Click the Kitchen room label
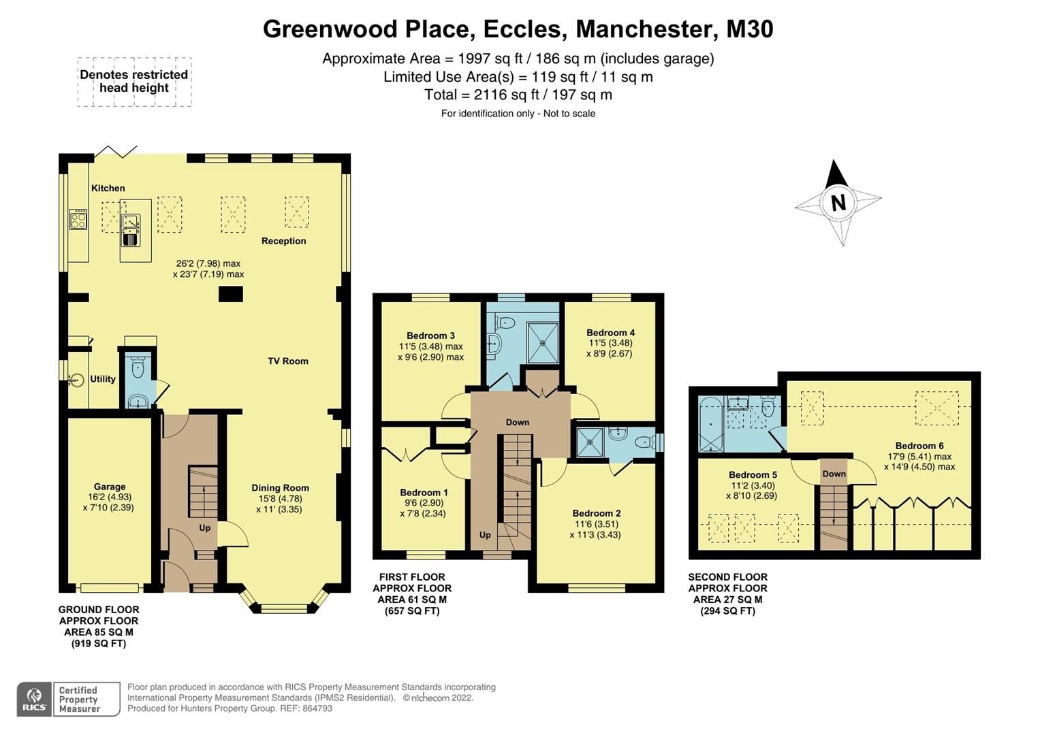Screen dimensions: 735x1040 pos(108,189)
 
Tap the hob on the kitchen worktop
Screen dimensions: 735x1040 pos(78,219)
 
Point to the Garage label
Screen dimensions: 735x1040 pos(110,487)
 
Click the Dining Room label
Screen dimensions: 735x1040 pos(280,488)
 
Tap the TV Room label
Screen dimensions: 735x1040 pos(288,361)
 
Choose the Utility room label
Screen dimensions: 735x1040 pos(103,379)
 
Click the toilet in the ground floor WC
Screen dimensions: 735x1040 pos(138,369)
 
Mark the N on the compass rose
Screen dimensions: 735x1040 pos(838,203)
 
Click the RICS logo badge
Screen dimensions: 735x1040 pos(33,699)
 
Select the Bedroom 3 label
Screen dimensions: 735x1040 pos(430,336)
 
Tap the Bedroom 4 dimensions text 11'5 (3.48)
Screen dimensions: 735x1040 pos(610,343)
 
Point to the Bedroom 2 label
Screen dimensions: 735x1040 pos(597,514)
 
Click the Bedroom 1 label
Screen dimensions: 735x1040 pos(424,493)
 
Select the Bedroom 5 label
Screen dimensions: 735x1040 pos(753,475)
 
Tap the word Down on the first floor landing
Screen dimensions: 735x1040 pos(517,423)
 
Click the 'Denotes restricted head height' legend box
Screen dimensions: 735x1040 pos(134,82)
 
